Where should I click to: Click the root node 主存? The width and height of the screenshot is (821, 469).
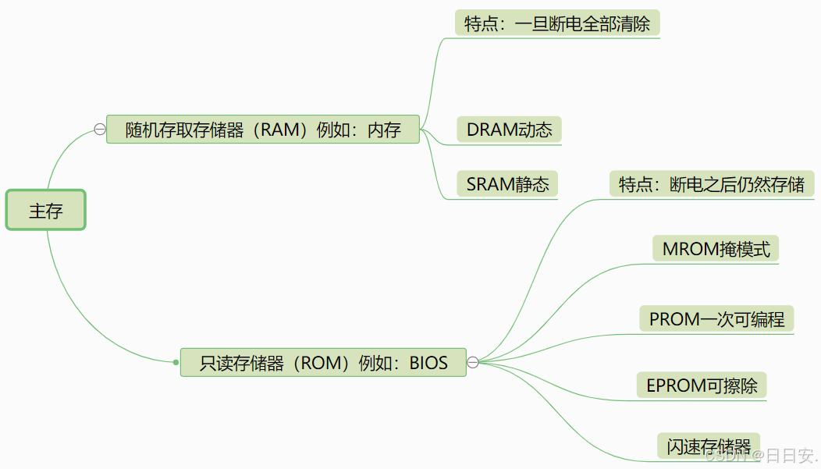point(46,210)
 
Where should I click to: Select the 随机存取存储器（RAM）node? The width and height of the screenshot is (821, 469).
point(263,130)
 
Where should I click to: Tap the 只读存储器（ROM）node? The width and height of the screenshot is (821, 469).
point(323,362)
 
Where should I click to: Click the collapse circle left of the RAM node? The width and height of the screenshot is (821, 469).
point(100,130)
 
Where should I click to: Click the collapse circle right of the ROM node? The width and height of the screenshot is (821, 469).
point(473,362)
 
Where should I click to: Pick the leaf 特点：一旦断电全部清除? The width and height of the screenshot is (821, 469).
point(557,23)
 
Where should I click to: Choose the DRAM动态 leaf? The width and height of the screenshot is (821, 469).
point(509,130)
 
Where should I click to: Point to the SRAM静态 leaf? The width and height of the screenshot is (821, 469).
point(508,184)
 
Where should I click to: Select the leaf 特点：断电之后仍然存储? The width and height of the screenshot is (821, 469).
point(711,185)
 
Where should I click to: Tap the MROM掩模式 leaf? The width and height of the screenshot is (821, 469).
point(716,249)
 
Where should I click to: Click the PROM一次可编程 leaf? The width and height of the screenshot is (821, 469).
point(716,319)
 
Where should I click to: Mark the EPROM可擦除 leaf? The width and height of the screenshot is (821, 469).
point(702,386)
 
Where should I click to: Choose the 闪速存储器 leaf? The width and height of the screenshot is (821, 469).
point(709,446)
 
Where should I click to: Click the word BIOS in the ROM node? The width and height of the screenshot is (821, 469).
point(428,363)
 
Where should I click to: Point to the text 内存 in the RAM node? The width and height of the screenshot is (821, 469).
point(384,130)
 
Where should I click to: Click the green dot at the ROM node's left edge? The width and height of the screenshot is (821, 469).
point(176,362)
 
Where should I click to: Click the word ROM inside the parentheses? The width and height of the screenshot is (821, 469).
point(318,363)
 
